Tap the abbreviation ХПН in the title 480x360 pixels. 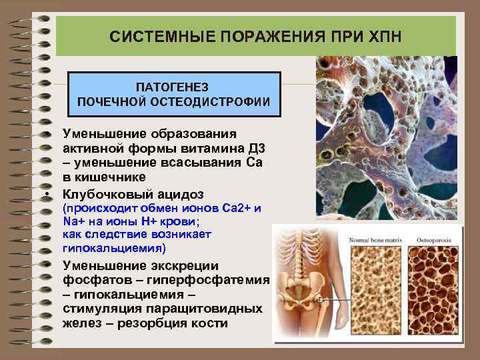click(x=383, y=36)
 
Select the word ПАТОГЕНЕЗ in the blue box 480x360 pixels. click(x=173, y=87)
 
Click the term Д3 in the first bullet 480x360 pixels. click(x=245, y=147)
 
